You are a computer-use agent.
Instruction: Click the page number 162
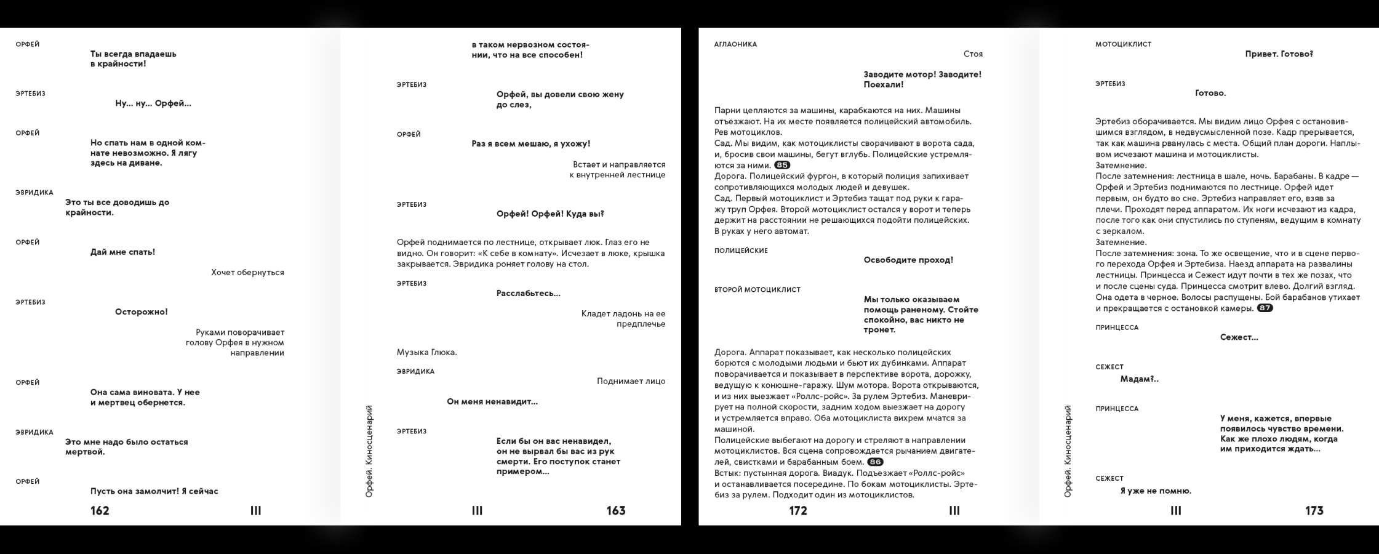coord(100,510)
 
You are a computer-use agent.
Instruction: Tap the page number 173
coord(1314,510)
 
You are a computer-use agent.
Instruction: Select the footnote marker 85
coord(782,165)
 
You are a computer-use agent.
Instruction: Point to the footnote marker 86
coord(875,462)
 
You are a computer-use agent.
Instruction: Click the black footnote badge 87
coord(1265,308)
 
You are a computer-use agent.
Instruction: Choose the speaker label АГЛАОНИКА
coord(735,44)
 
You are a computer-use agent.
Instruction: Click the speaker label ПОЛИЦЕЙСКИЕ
coord(741,251)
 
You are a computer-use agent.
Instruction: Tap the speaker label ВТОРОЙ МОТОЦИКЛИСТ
coord(757,290)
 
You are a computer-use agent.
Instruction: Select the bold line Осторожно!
coord(141,312)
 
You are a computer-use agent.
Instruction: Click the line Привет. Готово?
coord(1279,54)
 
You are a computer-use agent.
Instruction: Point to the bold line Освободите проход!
coord(908,260)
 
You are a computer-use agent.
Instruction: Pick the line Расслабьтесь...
coord(528,294)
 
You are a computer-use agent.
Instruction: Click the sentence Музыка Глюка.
coord(426,352)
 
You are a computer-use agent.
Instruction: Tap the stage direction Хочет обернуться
coord(247,272)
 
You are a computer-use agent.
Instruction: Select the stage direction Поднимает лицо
coord(631,381)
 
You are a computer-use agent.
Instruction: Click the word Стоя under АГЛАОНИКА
coord(973,54)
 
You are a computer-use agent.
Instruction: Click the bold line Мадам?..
coord(1139,379)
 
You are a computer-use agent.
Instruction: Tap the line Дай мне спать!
coord(122,252)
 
